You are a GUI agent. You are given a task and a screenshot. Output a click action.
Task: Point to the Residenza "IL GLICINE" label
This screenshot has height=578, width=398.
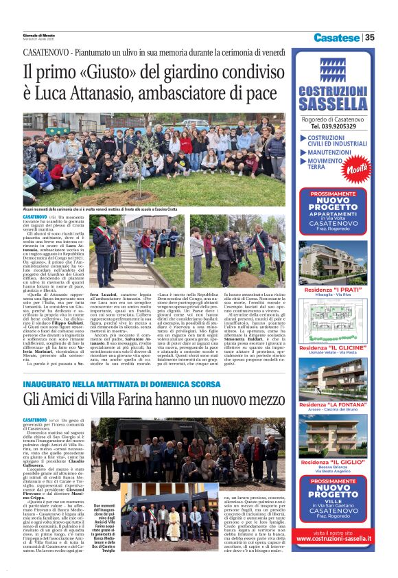pos(333,349)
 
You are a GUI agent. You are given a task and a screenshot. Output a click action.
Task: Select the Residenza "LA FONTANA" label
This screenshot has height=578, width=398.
pos(333,406)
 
